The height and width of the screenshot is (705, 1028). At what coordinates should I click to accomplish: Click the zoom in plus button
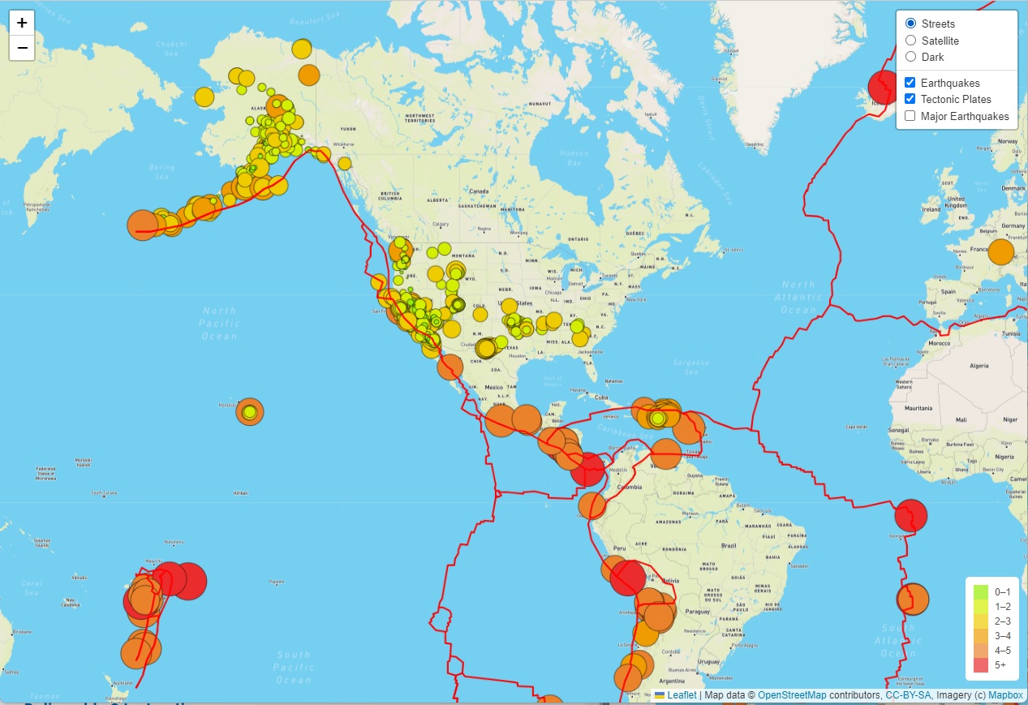(x=22, y=23)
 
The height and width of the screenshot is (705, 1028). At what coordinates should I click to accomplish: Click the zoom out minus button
(x=22, y=48)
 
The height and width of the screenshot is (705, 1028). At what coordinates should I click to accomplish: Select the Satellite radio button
(x=910, y=41)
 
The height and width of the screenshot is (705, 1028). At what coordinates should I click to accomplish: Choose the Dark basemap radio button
(x=910, y=57)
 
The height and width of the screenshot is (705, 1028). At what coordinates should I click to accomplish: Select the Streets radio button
(x=910, y=24)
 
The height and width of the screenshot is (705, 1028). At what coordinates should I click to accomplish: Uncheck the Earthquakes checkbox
(x=910, y=83)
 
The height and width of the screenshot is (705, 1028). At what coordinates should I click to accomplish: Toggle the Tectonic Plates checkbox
(x=910, y=99)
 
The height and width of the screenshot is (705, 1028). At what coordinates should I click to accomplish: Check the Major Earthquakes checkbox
(x=910, y=116)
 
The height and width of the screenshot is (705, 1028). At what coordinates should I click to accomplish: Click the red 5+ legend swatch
(x=981, y=665)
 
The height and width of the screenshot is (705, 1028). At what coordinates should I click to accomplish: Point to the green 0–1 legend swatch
(x=981, y=592)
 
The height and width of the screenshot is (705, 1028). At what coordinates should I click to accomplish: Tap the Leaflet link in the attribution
(x=682, y=695)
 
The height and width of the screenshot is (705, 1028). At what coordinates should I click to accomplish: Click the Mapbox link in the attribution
(x=1005, y=695)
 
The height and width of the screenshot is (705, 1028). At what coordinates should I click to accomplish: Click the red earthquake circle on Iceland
(x=884, y=86)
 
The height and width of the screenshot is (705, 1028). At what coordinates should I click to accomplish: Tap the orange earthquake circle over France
(x=1001, y=251)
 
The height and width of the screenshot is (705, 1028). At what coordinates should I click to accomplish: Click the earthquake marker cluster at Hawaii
(x=250, y=412)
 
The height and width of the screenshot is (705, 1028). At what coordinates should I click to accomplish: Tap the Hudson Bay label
(x=574, y=157)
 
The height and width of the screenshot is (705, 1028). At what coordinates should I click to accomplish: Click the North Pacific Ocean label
(x=219, y=323)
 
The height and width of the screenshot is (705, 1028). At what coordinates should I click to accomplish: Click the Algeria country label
(x=980, y=366)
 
